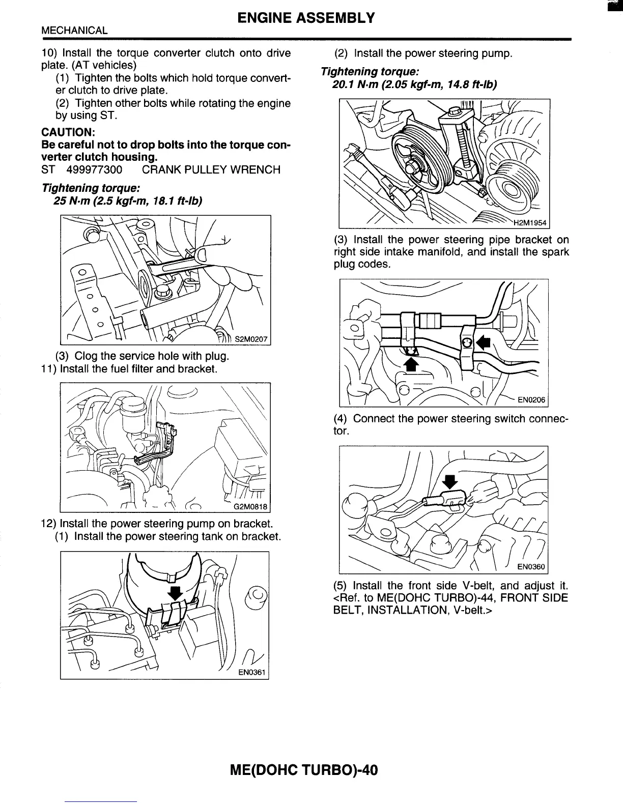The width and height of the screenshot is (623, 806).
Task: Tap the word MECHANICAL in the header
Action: click(74, 31)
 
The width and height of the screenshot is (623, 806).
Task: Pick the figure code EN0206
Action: click(531, 400)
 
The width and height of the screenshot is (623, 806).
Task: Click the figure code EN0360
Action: click(531, 567)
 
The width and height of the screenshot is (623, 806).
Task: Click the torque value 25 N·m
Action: click(72, 201)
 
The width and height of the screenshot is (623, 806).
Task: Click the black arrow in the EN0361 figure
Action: click(175, 592)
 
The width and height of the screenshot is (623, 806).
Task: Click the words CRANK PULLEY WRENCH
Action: click(211, 169)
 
